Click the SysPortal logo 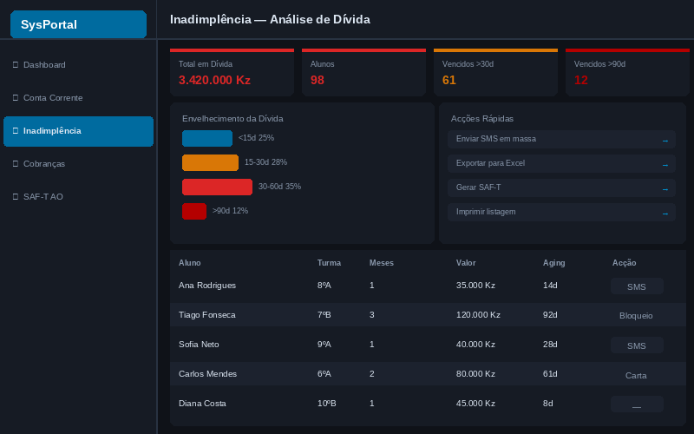pos(78,24)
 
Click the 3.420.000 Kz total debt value pos(214,80)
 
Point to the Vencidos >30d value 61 pos(448,80)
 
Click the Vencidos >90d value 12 pos(580,80)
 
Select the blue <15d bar pos(207,138)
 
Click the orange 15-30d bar pos(210,162)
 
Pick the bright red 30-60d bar pos(218,187)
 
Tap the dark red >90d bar pos(194,211)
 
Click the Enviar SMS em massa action pos(561,139)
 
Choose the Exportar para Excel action pos(561,163)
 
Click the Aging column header pos(553,263)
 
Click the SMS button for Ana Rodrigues pos(637,286)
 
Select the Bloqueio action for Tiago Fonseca pos(636,316)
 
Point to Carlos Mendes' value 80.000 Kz pos(475,374)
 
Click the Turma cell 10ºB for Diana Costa pos(327,404)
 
